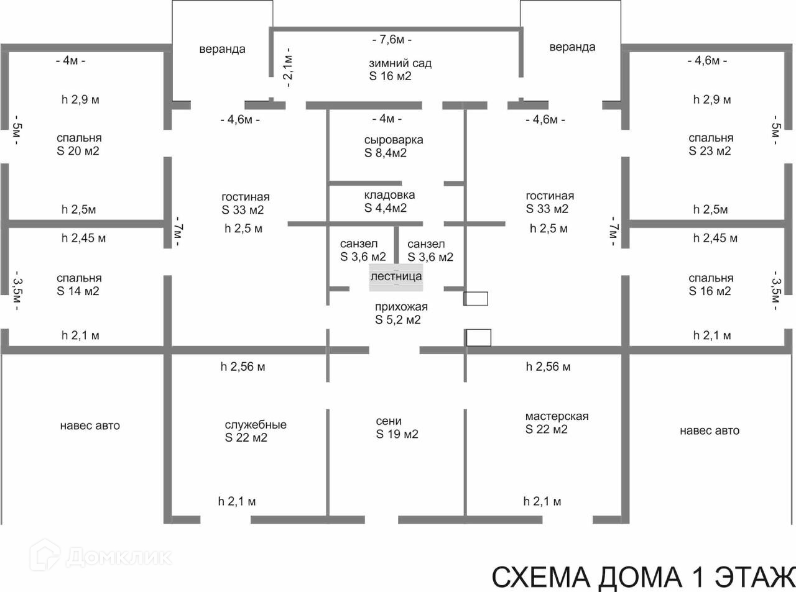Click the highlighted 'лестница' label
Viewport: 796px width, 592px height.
396,276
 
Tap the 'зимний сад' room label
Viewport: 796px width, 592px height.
400,63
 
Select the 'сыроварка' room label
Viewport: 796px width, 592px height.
394,140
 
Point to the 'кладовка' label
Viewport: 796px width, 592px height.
389,195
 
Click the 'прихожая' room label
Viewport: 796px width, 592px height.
401,307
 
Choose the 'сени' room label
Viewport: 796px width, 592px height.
389,421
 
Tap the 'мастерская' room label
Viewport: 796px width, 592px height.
557,416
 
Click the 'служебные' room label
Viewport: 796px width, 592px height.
256,425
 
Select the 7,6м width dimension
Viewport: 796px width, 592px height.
392,40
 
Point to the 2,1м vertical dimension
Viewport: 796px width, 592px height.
289,66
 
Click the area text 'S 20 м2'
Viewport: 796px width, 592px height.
78,151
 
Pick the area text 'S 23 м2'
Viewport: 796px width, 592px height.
710,151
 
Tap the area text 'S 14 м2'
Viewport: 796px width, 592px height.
78,291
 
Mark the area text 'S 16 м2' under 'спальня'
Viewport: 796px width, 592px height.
710,291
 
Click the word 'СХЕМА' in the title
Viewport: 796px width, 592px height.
542,577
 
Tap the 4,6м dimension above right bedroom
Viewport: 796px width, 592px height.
707,61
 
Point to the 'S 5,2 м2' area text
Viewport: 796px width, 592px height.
398,320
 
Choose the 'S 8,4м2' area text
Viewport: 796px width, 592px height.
386,153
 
